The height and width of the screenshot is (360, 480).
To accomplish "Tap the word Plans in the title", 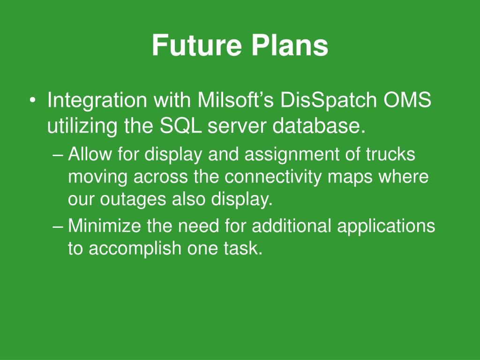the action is [290, 45].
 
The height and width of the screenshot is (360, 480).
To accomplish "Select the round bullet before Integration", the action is [32, 100].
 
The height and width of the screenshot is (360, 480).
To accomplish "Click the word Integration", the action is [97, 101].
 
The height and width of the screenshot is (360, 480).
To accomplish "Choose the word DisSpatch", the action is [329, 101].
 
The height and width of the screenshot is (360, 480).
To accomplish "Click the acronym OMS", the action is [407, 100].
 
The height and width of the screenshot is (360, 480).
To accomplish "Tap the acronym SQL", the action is [180, 126].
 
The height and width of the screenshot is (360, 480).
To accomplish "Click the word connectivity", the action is [273, 178].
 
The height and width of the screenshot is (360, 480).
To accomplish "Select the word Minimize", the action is [105, 225].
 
